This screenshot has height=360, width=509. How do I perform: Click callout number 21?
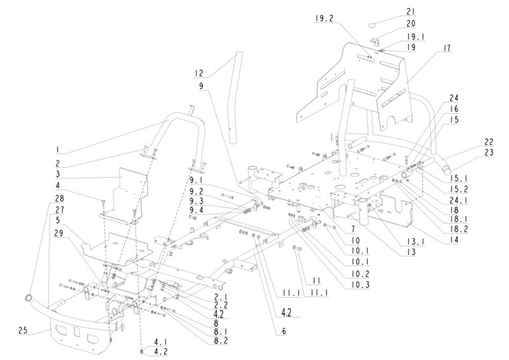pos(410,11)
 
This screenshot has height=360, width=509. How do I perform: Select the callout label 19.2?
pos(324,18)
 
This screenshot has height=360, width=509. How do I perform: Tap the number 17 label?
pos(447,48)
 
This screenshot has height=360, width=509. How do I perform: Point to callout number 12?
pos(199,73)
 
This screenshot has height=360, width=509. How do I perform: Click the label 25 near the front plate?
pos(23,331)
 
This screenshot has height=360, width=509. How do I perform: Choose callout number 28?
pos(59,198)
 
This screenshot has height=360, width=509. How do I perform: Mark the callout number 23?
pos(489,153)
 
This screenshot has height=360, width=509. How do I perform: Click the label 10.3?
pos(360,285)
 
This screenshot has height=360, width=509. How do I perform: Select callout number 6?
pos(284,331)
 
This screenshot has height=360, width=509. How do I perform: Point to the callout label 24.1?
pos(459,200)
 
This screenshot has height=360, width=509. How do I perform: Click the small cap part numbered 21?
pos(372,24)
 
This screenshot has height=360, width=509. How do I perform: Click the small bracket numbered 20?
pos(376,41)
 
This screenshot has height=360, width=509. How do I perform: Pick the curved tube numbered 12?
pos(234,97)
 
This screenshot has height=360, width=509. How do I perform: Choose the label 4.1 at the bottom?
pos(160,342)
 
